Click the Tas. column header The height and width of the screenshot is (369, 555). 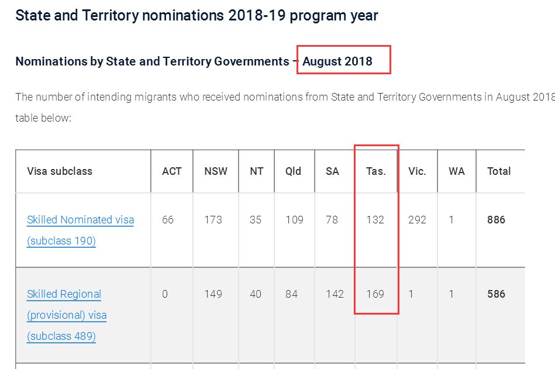pyautogui.click(x=375, y=171)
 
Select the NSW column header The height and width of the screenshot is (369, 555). pyautogui.click(x=216, y=171)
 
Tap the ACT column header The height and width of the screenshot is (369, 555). pyautogui.click(x=172, y=171)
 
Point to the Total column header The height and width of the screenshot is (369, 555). pyautogui.click(x=499, y=171)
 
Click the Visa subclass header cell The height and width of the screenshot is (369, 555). pyautogui.click(x=60, y=171)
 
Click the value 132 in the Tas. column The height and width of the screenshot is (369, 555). pyautogui.click(x=375, y=220)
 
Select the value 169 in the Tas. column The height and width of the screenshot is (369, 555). pyautogui.click(x=375, y=294)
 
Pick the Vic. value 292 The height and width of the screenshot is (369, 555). pyautogui.click(x=418, y=220)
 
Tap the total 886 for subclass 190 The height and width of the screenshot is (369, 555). pyautogui.click(x=496, y=220)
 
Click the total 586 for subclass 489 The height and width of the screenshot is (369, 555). pyautogui.click(x=496, y=294)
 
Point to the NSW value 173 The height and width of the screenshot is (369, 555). pyautogui.click(x=213, y=220)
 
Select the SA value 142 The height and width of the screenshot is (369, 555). pyautogui.click(x=335, y=294)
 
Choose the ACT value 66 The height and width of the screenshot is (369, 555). pyautogui.click(x=168, y=220)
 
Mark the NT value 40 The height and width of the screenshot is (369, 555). pyautogui.click(x=256, y=294)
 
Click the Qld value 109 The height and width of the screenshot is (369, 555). pyautogui.click(x=295, y=220)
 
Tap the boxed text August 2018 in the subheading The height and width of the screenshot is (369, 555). pyautogui.click(x=337, y=61)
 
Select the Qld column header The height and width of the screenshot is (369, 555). pyautogui.click(x=294, y=171)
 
